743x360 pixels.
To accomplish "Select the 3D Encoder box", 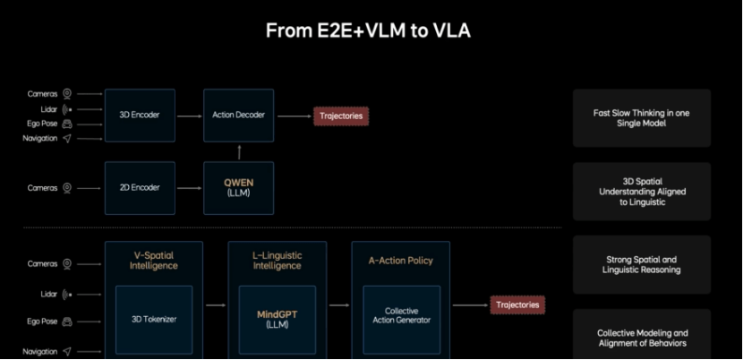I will click(140, 116).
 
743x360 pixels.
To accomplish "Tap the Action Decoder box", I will click(238, 116).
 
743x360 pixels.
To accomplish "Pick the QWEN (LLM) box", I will click(238, 188).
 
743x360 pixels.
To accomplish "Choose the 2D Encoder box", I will click(140, 188).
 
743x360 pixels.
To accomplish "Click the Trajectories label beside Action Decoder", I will click(341, 116).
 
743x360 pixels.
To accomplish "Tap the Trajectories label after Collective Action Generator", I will click(518, 305).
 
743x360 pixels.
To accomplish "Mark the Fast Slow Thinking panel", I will click(642, 118).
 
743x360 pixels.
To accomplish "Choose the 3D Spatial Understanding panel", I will click(642, 192).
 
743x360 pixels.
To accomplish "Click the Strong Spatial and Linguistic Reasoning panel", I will click(642, 264).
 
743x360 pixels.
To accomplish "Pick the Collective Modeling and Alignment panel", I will click(642, 337).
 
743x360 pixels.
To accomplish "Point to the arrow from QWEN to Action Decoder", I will click(238, 152).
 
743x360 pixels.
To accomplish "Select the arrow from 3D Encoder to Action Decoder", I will click(189, 116).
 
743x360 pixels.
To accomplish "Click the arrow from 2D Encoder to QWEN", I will click(189, 188).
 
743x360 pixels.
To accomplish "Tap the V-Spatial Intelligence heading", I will click(154, 260).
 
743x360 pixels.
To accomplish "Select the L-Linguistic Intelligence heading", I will click(278, 260).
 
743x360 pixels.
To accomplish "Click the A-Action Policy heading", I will click(401, 261).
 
